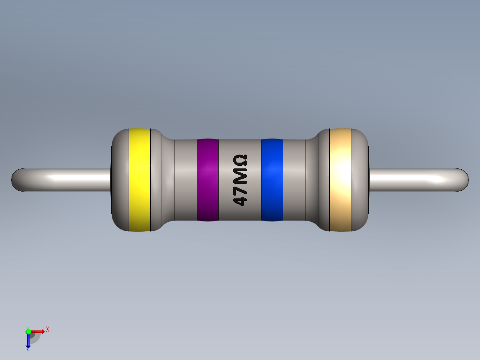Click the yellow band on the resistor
(x=139, y=180)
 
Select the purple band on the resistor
(x=207, y=180)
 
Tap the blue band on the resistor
(x=272, y=180)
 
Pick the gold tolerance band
(x=340, y=180)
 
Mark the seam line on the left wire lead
(x=55, y=180)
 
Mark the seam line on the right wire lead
(x=425, y=180)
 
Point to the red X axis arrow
(x=38, y=331)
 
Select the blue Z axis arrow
(x=28, y=341)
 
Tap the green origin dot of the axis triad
(x=28, y=331)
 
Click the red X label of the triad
(x=47, y=330)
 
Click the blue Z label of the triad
(x=28, y=350)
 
